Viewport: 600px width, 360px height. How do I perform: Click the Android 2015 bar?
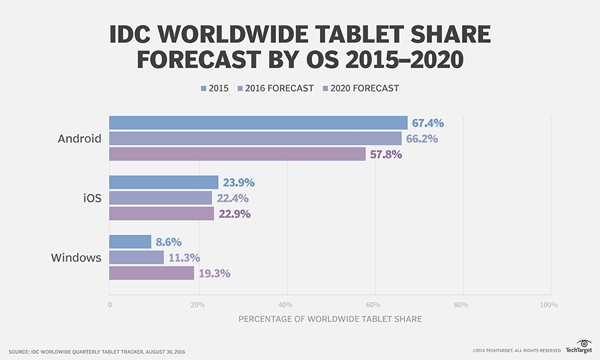[258, 123]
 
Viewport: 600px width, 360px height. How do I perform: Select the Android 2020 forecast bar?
[237, 154]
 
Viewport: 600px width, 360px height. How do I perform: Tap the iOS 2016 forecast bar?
[161, 198]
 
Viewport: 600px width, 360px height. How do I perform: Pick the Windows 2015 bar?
[131, 242]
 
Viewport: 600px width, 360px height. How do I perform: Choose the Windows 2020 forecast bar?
[152, 273]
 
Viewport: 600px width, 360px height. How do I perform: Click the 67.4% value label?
[428, 123]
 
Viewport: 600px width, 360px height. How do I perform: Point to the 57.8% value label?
[386, 154]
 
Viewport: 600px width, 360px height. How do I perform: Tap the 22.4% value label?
[232, 198]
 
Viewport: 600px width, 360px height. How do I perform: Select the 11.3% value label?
[183, 258]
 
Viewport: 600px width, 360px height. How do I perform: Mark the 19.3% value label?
[214, 273]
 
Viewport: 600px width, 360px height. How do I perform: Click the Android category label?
[79, 139]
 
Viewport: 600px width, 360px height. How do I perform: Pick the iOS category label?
[92, 198]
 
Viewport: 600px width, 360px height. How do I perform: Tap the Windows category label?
[76, 258]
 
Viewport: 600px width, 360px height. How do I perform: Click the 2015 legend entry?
[213, 88]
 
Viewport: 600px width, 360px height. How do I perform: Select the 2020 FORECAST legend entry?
[361, 88]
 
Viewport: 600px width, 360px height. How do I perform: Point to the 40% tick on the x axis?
[287, 305]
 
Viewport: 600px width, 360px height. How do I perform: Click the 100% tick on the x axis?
[549, 305]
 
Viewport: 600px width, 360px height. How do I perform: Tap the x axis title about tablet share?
[330, 319]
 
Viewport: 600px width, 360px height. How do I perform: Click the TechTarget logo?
[577, 347]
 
